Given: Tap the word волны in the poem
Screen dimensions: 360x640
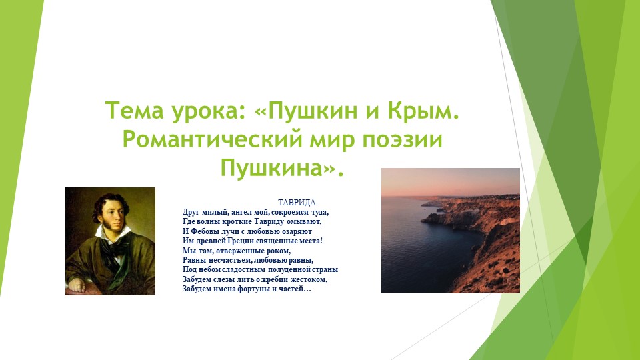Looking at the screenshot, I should tap(209, 220).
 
